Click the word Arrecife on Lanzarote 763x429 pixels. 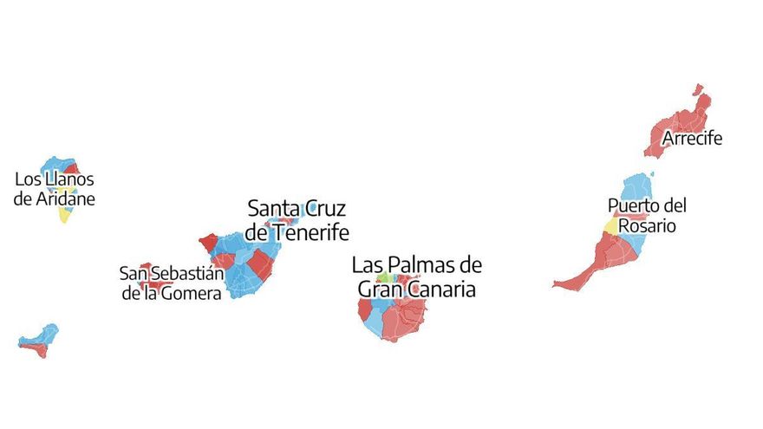click(692, 139)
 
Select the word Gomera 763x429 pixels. click(195, 293)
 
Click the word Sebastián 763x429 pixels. click(187, 274)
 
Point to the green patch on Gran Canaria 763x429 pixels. click(382, 278)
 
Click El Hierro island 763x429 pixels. click(39, 341)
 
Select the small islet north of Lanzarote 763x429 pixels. click(697, 89)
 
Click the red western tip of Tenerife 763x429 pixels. click(208, 242)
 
